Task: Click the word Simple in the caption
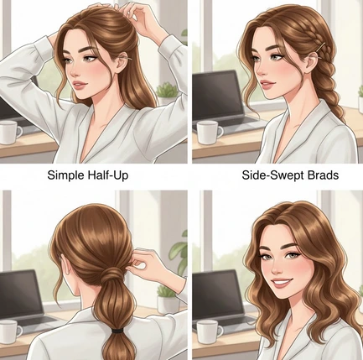[x=65, y=175]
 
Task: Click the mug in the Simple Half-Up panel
[x=11, y=133]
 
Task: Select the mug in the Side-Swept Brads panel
[x=210, y=133]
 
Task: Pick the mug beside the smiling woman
[x=209, y=331]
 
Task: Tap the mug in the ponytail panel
[x=10, y=331]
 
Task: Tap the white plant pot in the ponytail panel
[x=167, y=305]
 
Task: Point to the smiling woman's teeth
[x=282, y=282]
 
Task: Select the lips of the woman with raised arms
[x=80, y=84]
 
